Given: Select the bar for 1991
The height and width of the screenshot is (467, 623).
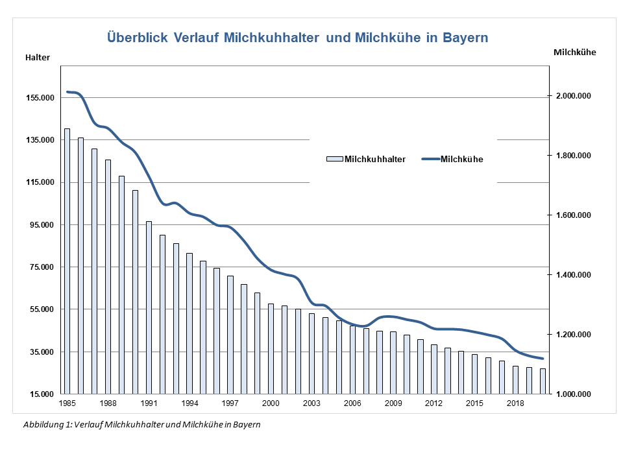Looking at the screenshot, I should [x=149, y=307].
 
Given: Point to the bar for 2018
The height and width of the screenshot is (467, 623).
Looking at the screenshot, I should [x=515, y=379].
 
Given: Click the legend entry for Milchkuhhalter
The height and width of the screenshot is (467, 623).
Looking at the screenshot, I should [x=367, y=159].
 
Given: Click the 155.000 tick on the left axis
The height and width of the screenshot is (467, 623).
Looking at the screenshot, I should [x=39, y=98].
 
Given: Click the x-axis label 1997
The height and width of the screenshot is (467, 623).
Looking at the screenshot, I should [x=230, y=403].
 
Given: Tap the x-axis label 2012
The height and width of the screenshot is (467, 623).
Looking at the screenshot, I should [x=434, y=403].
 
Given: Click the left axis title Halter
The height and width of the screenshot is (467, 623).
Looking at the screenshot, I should [x=38, y=58].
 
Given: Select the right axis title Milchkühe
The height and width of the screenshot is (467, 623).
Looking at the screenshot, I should [x=574, y=52].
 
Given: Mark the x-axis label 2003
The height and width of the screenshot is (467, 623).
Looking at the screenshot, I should [x=311, y=403].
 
